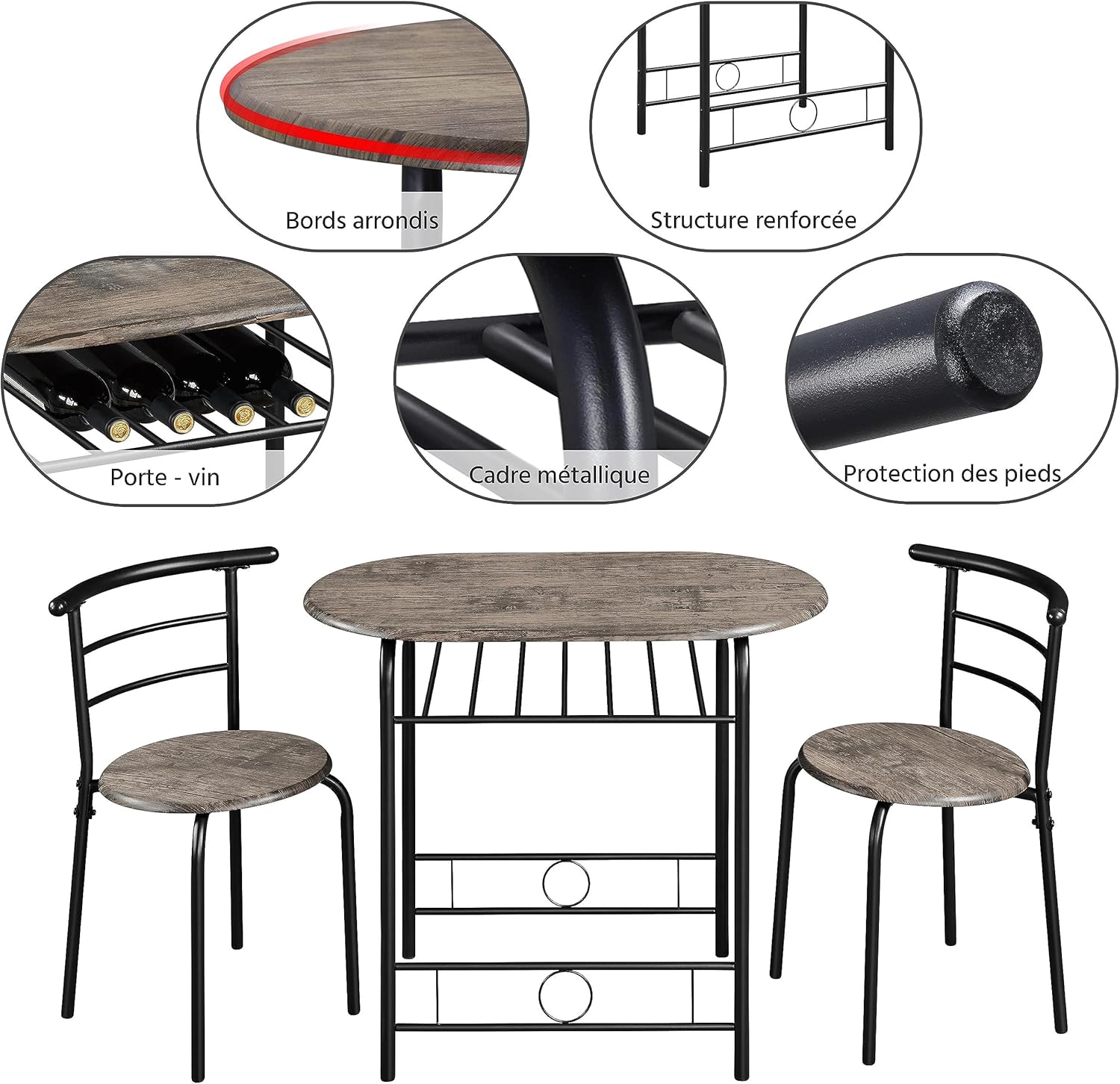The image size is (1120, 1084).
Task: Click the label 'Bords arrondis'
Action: [x=362, y=220]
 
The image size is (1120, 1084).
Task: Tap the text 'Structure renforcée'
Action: [x=753, y=219]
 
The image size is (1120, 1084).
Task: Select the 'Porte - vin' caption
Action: [x=165, y=477]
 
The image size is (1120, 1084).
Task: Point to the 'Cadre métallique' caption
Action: [x=559, y=475]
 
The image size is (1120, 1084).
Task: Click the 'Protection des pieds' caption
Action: [x=952, y=473]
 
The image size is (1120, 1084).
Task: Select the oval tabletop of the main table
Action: [x=566, y=597]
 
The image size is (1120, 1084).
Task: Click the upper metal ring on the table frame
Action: [x=566, y=883]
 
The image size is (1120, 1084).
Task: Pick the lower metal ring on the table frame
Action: [x=565, y=995]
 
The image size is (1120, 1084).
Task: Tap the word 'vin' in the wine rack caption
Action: [x=204, y=477]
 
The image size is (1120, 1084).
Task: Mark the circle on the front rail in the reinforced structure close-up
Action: [x=803, y=114]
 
